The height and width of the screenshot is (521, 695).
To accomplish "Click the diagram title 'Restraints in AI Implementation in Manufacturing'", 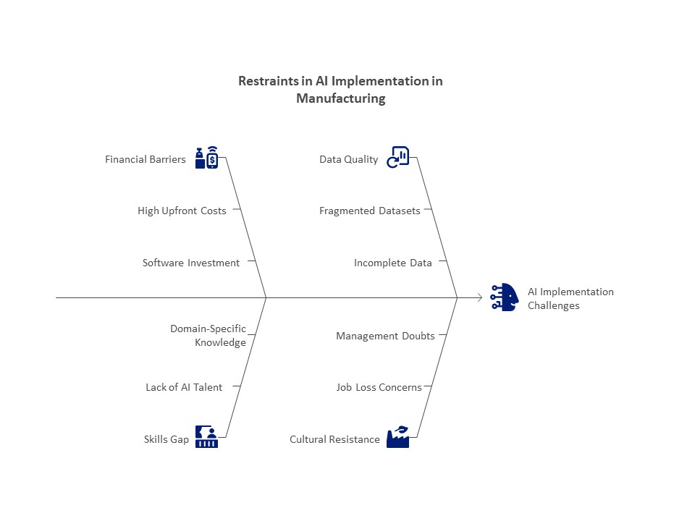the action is coord(340,90).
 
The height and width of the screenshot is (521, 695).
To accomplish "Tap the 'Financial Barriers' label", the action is coord(146,159).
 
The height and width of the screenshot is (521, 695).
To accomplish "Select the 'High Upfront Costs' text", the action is coord(182,211).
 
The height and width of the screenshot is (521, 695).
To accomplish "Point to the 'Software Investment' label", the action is coord(191,263).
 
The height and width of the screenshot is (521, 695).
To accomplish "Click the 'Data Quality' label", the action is coord(349,159).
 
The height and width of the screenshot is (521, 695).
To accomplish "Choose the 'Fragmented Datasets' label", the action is coord(370,211).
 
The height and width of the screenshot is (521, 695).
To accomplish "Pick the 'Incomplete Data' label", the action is coord(392,263).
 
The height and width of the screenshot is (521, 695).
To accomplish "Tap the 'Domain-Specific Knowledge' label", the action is coord(208,335).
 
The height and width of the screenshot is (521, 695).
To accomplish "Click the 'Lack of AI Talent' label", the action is coord(184,387).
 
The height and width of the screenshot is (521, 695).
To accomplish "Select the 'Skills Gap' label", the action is coord(167,439).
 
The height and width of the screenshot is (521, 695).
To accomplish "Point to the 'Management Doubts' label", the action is coord(385,336).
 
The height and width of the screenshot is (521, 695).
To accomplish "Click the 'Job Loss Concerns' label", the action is coord(379,387).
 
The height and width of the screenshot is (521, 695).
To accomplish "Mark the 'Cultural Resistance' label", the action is coord(334,439).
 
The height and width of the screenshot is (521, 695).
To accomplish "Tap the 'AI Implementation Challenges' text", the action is coord(570,299).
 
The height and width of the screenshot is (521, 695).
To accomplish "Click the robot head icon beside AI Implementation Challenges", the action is coord(505,297).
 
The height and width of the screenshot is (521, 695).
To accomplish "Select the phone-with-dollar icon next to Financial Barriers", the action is coord(206,157).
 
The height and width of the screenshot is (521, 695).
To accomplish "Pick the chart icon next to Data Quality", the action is coord(398,157).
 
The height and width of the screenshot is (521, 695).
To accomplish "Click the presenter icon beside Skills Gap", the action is coord(206,437).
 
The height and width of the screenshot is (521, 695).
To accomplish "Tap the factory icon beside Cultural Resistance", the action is coord(398,437).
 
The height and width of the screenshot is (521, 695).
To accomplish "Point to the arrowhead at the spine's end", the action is coord(480,297).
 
